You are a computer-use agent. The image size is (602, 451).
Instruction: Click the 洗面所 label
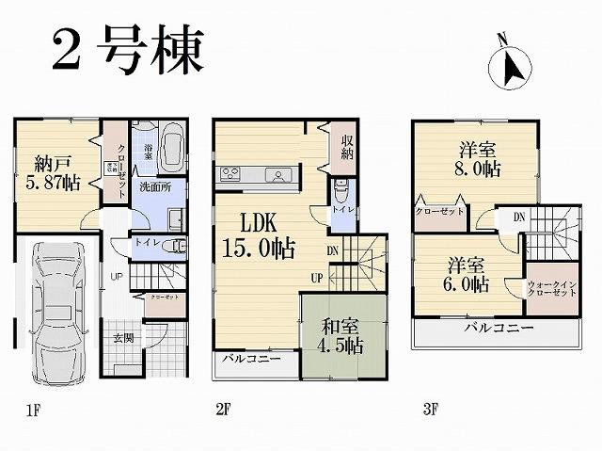click(155, 187)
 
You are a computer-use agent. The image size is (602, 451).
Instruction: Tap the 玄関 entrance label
click(124, 337)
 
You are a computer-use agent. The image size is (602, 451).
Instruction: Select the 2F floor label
click(223, 411)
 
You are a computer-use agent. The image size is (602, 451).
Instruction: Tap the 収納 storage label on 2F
click(348, 147)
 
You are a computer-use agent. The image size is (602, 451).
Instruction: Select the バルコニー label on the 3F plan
click(499, 329)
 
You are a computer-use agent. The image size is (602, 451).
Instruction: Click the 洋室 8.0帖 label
click(479, 159)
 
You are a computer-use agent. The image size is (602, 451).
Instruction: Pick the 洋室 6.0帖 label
click(467, 273)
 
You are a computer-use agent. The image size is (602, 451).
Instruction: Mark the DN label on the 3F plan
click(518, 217)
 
